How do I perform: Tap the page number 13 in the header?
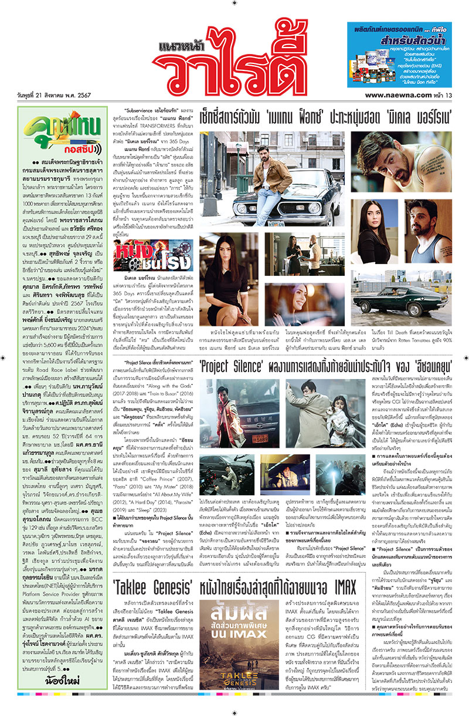coord(450,94)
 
